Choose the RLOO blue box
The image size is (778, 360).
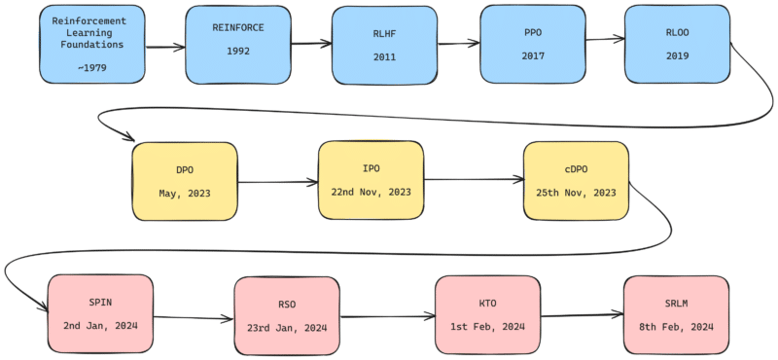coord(677,43)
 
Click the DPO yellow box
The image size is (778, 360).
coord(184,181)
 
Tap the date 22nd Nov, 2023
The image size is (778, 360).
coord(371,192)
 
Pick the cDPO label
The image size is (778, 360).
coord(576,168)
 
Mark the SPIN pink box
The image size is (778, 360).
coord(100,312)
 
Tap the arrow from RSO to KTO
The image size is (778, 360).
coord(387,316)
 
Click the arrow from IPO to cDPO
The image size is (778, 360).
coord(474,180)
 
